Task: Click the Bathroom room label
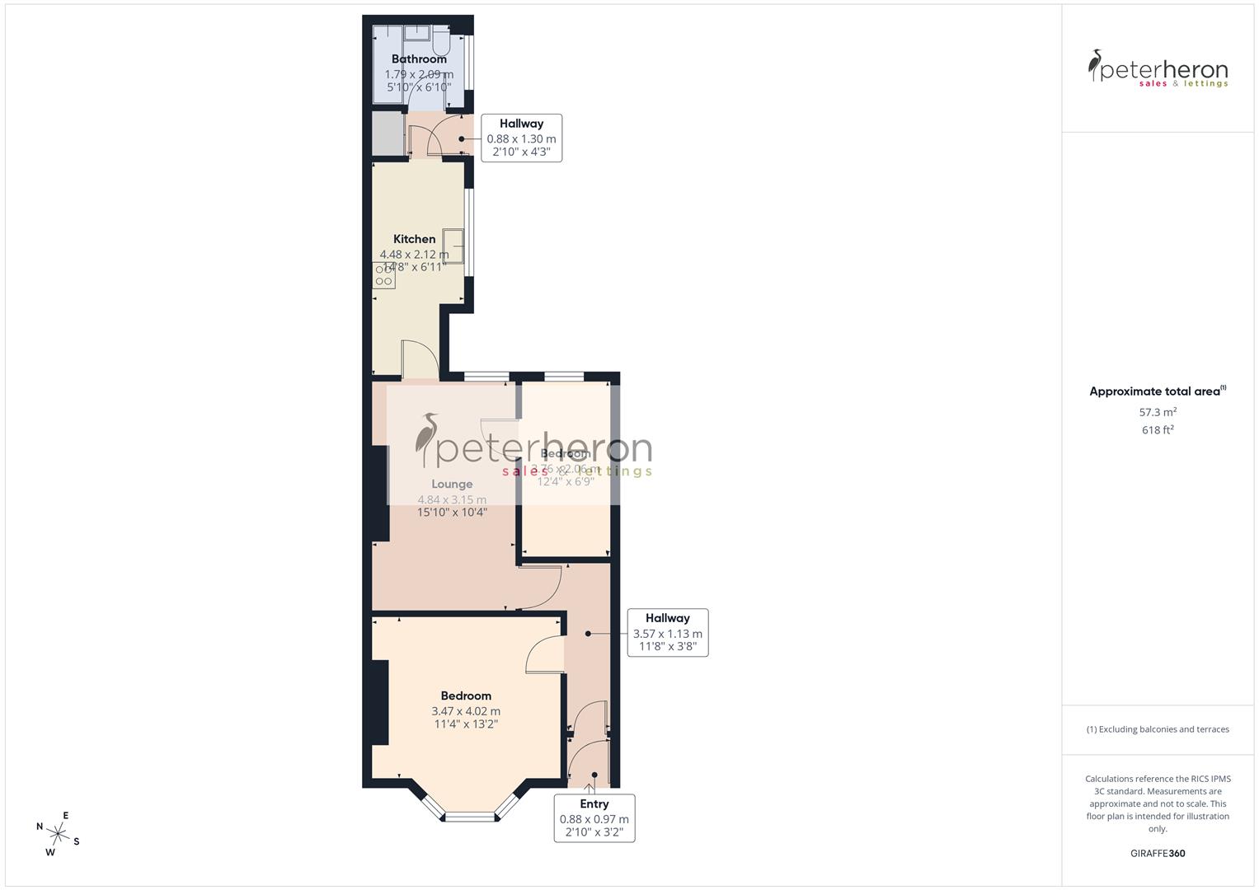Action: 419,59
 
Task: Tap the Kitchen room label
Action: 414,239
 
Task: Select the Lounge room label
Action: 452,485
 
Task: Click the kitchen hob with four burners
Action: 384,275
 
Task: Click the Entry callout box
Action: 594,817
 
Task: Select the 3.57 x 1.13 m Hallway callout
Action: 667,632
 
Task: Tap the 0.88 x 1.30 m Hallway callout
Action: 521,138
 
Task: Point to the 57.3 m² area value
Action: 1158,412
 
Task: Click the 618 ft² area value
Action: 1158,430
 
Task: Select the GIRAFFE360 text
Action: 1158,854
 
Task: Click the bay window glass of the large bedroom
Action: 470,817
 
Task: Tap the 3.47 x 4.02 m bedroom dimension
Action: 466,711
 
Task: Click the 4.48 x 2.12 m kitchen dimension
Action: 414,255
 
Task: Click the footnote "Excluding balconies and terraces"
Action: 1158,729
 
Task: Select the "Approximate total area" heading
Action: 1156,391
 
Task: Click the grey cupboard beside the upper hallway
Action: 385,133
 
